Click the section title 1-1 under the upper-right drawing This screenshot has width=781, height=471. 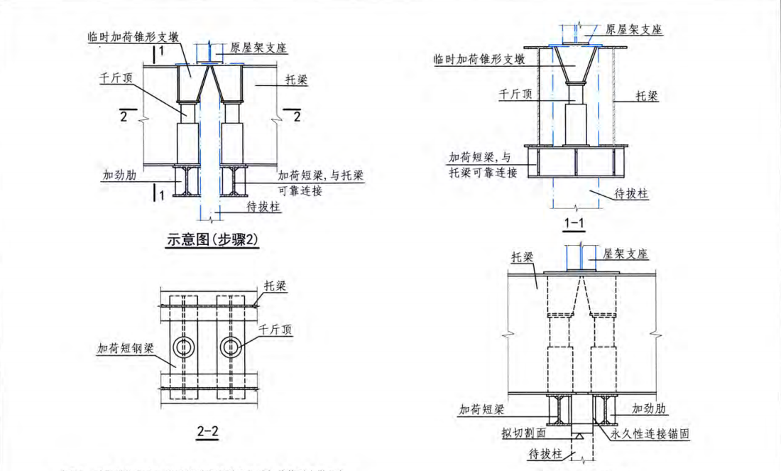[574, 225]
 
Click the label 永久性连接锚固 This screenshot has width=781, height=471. [650, 432]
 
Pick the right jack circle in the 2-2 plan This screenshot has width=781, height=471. [232, 347]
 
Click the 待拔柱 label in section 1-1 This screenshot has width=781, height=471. [631, 193]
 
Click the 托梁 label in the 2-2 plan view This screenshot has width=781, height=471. [274, 285]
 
